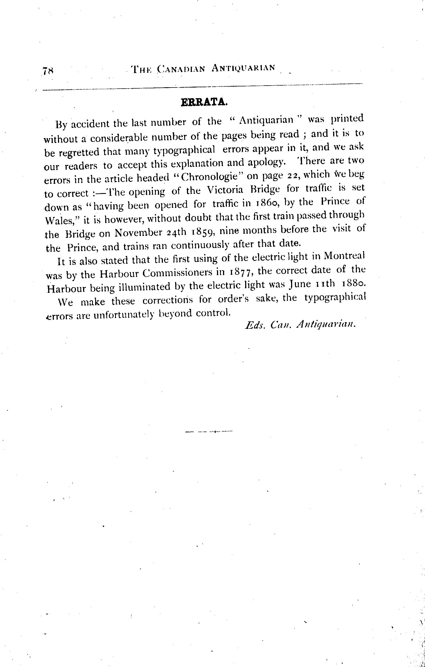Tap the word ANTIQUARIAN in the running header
243,68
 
